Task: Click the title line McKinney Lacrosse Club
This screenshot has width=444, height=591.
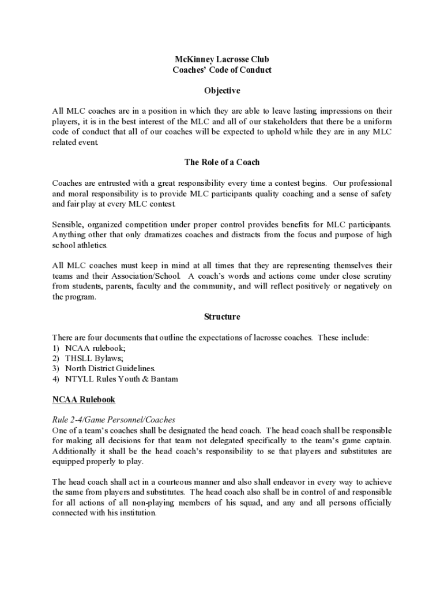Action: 222,59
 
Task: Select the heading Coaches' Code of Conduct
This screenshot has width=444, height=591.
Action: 222,70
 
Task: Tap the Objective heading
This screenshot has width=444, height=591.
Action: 222,91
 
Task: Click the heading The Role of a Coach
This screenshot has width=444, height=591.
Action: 222,162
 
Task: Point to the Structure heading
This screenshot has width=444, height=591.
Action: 222,316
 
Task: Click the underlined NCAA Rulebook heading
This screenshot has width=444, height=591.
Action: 84,399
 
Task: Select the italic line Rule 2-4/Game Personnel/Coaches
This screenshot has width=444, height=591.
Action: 114,420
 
